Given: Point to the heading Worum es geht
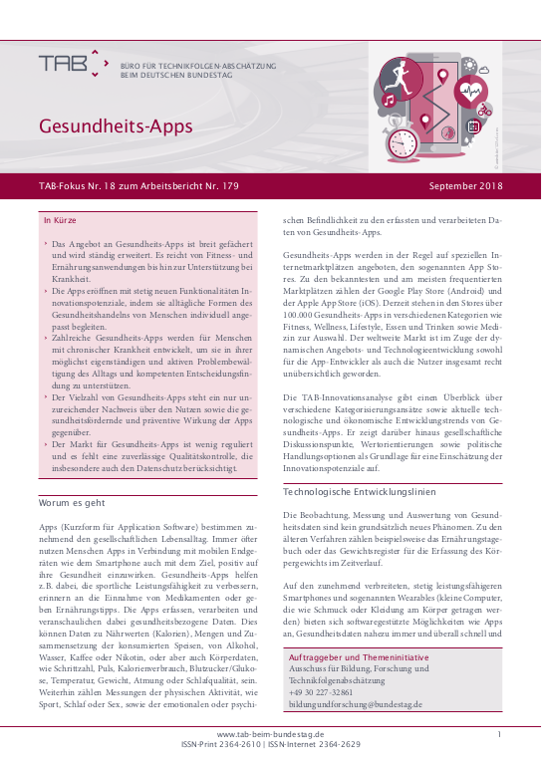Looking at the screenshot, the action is pyautogui.click(x=74, y=503).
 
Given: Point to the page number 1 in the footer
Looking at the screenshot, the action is pyautogui.click(x=498, y=733).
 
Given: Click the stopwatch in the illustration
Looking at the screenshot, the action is pyautogui.click(x=403, y=141).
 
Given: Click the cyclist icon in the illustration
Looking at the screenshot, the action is pyautogui.click(x=485, y=110).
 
